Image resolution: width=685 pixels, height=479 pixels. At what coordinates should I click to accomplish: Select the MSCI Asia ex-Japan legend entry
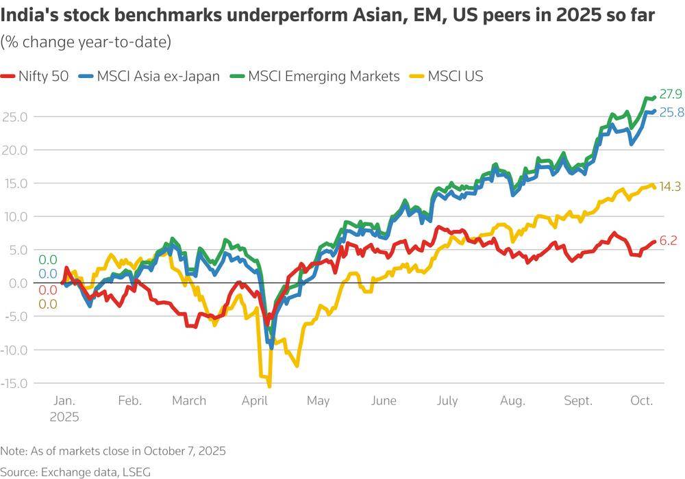[149, 77]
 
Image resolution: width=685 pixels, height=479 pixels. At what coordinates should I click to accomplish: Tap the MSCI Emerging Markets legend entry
[314, 77]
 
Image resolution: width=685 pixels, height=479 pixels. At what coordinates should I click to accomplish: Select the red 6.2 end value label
[668, 241]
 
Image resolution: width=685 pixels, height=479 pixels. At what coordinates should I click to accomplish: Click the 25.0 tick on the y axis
[14, 117]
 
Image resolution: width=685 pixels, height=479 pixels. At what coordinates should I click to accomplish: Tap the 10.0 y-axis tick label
[14, 217]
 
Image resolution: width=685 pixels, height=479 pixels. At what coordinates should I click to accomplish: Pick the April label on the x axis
[254, 401]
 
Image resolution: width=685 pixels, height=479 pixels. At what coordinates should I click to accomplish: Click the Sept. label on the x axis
[578, 401]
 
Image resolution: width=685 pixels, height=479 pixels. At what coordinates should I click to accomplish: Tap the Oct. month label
[642, 401]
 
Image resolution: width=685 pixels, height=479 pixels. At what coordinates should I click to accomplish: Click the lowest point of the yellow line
[269, 387]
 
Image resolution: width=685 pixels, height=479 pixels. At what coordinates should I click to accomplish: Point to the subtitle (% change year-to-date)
[86, 42]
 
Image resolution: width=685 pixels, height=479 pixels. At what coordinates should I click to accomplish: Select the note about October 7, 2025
[113, 451]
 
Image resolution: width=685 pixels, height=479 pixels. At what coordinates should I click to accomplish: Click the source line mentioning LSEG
[75, 471]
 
